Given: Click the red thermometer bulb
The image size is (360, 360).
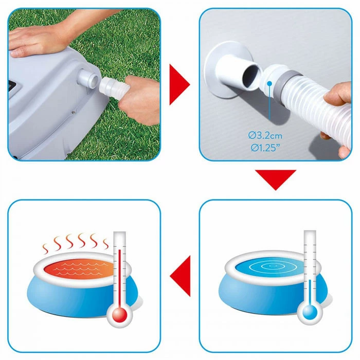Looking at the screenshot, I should click(120, 313).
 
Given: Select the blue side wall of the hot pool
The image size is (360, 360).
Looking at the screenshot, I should click(62, 298).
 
